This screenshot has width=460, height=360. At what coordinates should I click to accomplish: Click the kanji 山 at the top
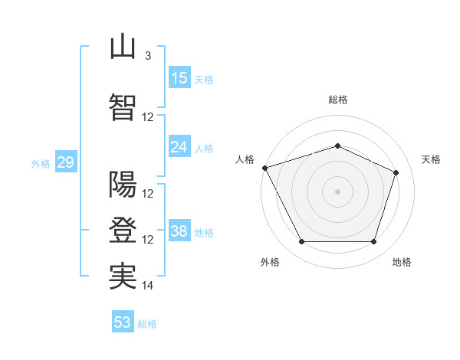(123, 46)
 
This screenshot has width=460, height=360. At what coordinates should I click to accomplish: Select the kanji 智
(123, 107)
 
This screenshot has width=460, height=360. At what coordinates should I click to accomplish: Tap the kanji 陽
(123, 184)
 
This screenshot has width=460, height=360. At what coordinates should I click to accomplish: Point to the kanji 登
(123, 230)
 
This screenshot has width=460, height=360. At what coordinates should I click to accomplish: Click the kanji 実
(123, 277)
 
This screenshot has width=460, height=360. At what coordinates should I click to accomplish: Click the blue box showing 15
(179, 77)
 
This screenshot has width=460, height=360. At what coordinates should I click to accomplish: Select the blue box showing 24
(179, 146)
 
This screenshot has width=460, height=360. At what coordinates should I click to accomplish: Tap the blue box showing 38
(179, 230)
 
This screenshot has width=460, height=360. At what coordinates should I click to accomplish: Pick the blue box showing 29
(66, 162)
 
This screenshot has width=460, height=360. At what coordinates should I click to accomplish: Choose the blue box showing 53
(123, 321)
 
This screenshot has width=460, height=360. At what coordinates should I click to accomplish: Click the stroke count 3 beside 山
(148, 55)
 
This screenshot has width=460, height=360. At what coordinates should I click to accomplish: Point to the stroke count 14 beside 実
(147, 285)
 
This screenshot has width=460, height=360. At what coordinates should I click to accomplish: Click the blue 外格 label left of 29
(41, 164)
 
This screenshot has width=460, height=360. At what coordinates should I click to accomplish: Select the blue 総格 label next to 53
(147, 324)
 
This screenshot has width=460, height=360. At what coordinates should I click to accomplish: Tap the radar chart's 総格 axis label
(338, 100)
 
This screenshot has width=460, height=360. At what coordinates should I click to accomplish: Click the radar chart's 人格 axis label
(245, 159)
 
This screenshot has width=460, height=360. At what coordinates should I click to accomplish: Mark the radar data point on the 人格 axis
(265, 168)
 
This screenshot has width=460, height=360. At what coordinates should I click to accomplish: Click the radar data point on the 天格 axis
(396, 172)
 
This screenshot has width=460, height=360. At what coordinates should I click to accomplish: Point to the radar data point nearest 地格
(373, 241)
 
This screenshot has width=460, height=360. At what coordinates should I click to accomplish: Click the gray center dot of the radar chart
(337, 191)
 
